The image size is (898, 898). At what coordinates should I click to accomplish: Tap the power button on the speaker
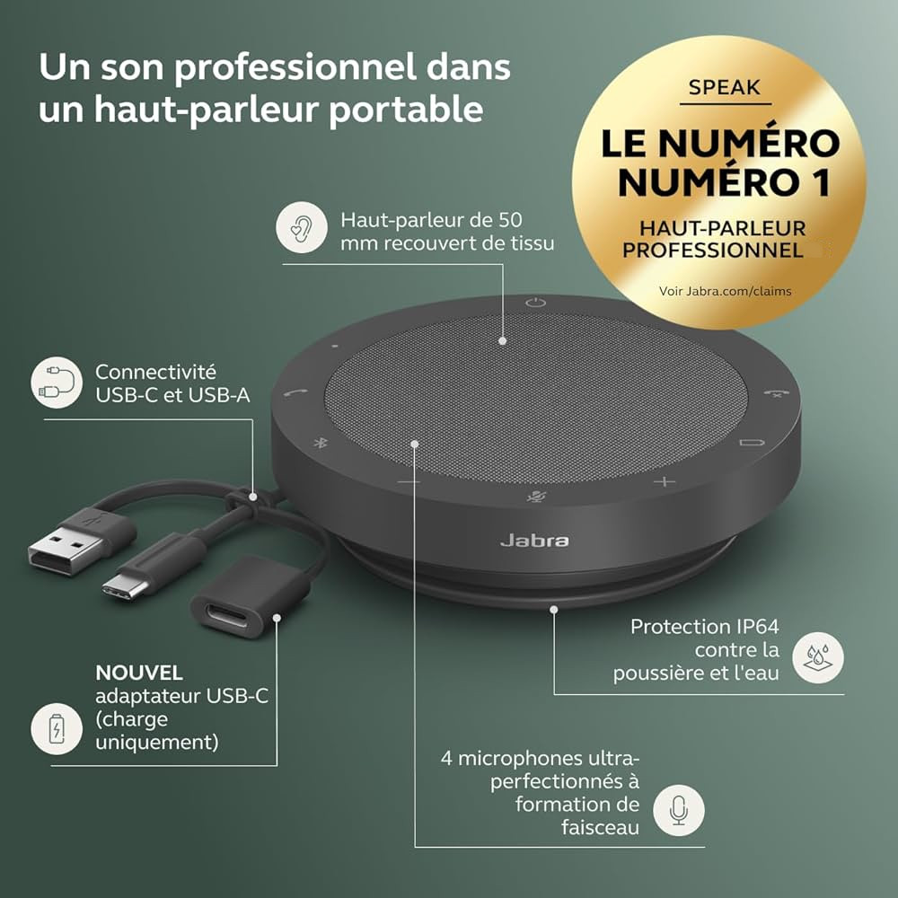click(x=536, y=303)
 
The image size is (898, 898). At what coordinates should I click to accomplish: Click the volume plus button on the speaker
click(x=664, y=481)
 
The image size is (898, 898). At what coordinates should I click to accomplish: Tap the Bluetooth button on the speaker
click(x=319, y=442)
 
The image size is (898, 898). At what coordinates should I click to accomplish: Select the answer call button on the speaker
click(x=294, y=392)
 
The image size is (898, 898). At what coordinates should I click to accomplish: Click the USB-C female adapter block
click(x=238, y=596)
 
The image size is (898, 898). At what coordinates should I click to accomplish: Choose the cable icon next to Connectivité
click(x=57, y=383)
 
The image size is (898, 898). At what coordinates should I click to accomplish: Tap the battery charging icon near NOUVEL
click(x=57, y=728)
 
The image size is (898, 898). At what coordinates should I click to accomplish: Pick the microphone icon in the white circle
click(x=679, y=811)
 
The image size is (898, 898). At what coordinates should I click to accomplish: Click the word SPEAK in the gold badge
click(x=725, y=87)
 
